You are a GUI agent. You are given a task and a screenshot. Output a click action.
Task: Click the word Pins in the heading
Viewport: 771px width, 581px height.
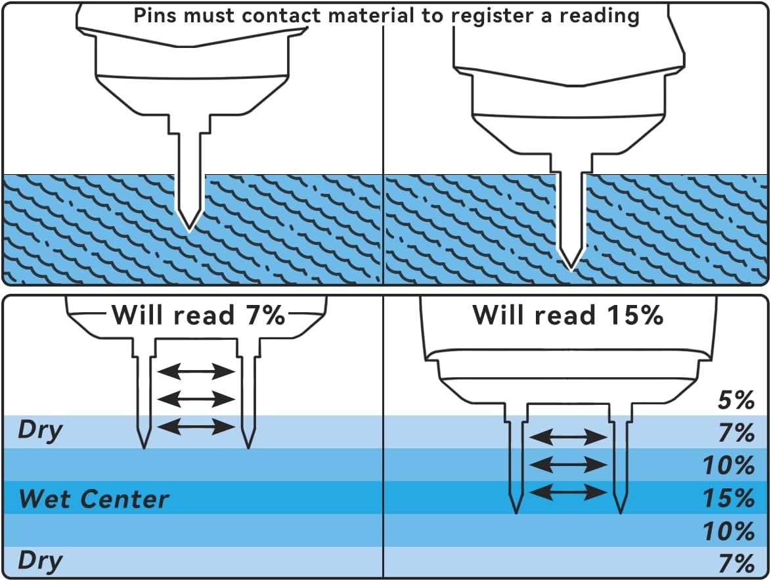tap(156, 15)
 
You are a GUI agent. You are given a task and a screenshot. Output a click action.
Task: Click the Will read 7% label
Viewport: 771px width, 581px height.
tap(198, 315)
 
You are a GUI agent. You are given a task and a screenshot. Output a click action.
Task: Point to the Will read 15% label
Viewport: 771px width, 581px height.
tap(568, 315)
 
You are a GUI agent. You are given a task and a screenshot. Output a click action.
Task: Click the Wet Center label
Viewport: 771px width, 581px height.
tap(94, 499)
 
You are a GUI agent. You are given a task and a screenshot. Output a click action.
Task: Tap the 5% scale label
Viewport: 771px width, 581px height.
tap(735, 401)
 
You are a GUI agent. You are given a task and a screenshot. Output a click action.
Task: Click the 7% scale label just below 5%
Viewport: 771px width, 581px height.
tap(735, 434)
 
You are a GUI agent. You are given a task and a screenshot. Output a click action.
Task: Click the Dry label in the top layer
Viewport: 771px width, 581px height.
tap(40, 431)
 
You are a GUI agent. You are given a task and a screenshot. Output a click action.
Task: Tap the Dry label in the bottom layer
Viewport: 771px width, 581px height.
tap(40, 562)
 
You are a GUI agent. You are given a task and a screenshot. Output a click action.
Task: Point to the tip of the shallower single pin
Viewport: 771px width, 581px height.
tap(189, 230)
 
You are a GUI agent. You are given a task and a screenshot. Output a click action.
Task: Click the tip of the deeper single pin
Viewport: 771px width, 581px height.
tap(570, 268)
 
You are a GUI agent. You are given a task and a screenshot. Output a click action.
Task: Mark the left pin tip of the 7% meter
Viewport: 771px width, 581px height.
tap(144, 448)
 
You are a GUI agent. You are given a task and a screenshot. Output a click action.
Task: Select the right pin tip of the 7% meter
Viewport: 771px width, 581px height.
tap(248, 448)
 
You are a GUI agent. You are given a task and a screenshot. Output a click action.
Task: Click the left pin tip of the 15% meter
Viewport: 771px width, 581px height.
tap(517, 513)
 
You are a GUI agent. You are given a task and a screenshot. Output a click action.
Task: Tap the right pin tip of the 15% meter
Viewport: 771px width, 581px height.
tap(620, 513)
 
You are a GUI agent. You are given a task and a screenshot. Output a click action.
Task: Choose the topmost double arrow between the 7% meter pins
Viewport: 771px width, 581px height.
tap(196, 372)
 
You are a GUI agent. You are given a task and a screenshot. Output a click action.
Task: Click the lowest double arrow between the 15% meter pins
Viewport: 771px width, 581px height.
tap(568, 492)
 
